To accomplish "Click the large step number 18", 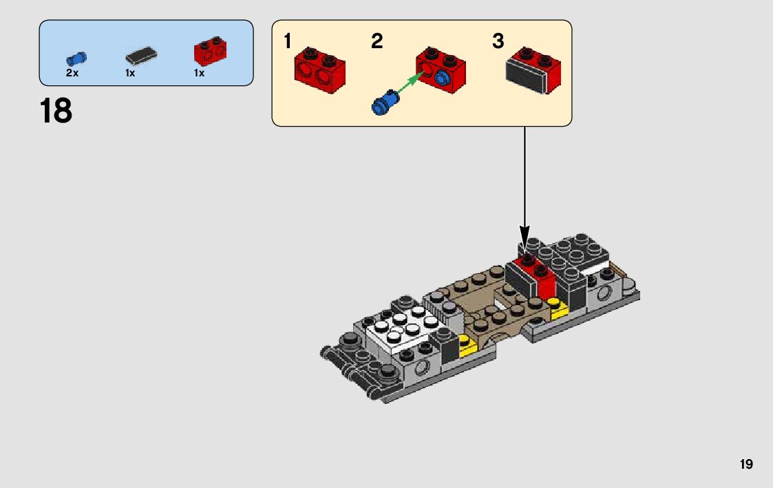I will (x=56, y=111).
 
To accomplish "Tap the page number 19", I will (x=746, y=465).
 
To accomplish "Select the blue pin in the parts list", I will (x=77, y=58).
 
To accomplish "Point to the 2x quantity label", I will (x=72, y=73).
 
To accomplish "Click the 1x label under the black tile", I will (x=130, y=73).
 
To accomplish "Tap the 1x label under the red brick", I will (x=199, y=73).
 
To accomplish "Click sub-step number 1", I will (x=288, y=42).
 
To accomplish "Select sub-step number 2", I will (x=377, y=42).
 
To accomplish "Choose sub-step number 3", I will (x=498, y=42).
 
